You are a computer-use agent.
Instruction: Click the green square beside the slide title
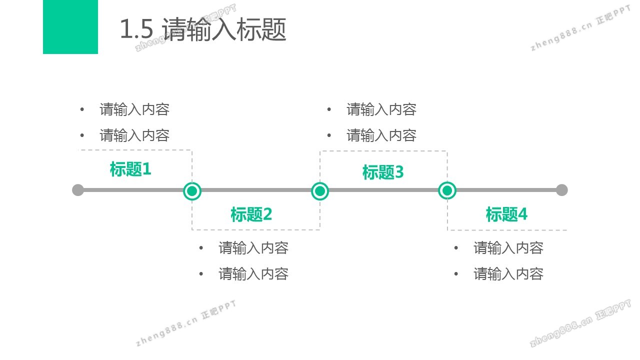(70, 26)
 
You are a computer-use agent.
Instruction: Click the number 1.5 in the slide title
(136, 30)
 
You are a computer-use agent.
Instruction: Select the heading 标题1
(130, 169)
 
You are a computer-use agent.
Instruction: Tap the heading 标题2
(251, 214)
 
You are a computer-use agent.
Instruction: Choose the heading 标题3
(383, 172)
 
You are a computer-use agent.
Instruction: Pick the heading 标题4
(506, 214)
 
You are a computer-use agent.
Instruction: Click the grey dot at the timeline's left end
(78, 190)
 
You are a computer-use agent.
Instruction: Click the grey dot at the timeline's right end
(561, 190)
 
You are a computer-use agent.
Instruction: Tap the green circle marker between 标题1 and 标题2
(192, 190)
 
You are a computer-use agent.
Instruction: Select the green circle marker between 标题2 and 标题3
(320, 190)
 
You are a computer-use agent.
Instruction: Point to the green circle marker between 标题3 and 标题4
(447, 190)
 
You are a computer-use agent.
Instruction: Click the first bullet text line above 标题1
(134, 109)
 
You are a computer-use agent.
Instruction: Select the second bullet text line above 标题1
(134, 135)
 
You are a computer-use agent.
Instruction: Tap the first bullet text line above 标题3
(381, 109)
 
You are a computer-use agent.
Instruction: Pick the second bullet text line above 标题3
(381, 135)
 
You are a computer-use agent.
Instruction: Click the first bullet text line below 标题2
(253, 248)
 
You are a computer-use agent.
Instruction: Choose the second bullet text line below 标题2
(253, 274)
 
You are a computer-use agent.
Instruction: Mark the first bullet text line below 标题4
(508, 248)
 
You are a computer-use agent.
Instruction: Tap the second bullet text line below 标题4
(508, 274)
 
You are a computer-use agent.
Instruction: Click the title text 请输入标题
(224, 30)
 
